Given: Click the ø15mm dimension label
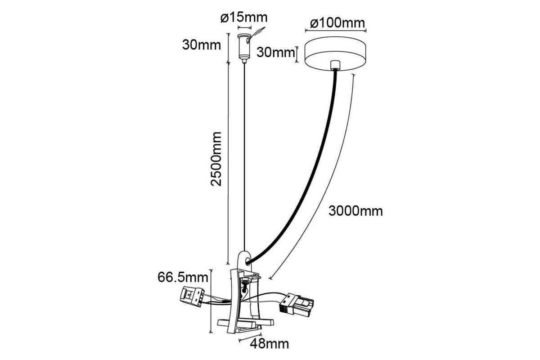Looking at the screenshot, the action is click(244, 18).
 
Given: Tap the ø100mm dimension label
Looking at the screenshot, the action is click(337, 23).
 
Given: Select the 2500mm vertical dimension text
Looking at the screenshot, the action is click(216, 159).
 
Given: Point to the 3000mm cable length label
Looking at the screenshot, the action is click(355, 211).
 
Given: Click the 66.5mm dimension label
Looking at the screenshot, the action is click(183, 277).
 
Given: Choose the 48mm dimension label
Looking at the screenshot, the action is click(269, 344).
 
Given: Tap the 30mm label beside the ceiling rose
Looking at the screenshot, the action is click(276, 52).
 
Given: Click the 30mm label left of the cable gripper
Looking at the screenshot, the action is click(202, 45).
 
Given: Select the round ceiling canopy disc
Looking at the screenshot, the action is click(335, 54).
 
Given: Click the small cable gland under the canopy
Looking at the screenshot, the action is click(335, 65).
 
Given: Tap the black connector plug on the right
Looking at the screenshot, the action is click(296, 305).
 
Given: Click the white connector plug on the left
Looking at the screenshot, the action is click(192, 296).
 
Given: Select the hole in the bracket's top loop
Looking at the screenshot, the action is click(247, 261).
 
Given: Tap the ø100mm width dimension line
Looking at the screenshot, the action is click(336, 31).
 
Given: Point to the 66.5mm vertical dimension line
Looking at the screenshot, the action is click(211, 301).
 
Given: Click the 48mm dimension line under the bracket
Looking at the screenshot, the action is click(250, 337).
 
